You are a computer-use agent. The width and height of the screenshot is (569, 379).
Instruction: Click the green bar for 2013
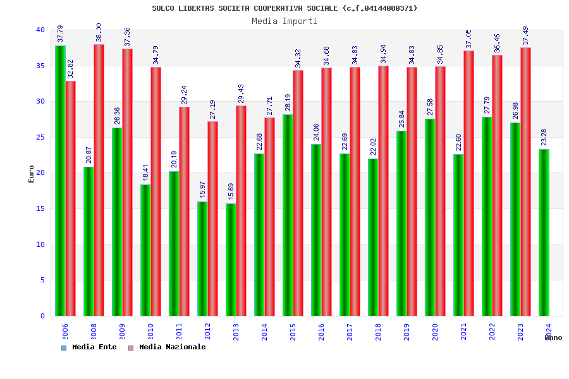pos(231,260)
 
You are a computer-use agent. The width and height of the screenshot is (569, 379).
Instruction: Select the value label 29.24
pos(184,95)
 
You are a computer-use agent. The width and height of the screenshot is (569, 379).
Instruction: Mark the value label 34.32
pos(298,58)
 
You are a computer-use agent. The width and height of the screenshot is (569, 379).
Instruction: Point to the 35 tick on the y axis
pos(40,66)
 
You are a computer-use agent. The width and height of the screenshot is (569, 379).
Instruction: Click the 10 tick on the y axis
pos(40,244)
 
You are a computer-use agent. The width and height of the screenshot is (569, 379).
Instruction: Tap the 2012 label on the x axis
pos(207,332)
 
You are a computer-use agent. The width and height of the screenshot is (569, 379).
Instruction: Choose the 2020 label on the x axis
pos(435,332)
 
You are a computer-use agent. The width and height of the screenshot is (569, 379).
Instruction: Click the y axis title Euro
pos(32,174)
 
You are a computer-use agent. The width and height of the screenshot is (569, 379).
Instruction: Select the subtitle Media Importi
pos(284,21)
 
